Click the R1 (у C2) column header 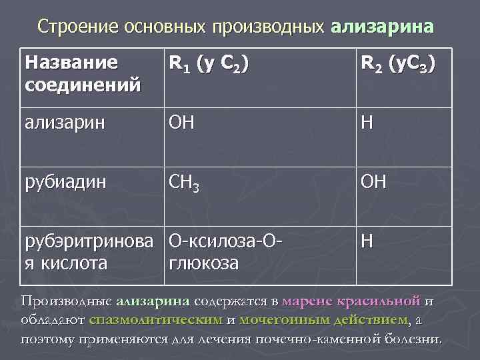[210, 65]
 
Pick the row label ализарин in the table [64, 123]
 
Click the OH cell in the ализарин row [181, 123]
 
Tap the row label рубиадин [64, 182]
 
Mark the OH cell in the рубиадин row [373, 182]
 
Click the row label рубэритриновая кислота [90, 251]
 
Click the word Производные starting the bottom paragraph [65, 301]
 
